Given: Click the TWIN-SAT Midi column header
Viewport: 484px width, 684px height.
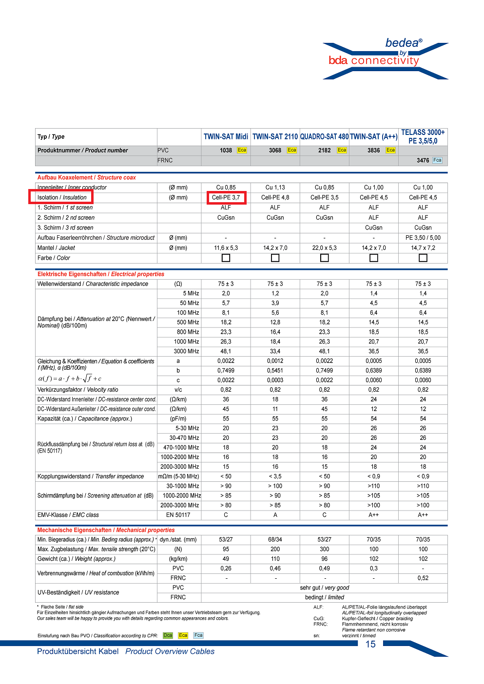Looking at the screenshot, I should tap(226, 137).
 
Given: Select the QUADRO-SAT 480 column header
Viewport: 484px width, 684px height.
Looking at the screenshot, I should tap(324, 137).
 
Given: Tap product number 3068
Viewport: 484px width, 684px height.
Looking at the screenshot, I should tap(275, 151).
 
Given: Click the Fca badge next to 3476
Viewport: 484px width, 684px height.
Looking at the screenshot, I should tap(437, 160).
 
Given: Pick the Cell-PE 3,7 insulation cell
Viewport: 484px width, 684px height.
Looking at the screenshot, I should tap(226, 197).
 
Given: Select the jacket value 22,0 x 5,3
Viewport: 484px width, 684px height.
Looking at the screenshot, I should tap(324, 248).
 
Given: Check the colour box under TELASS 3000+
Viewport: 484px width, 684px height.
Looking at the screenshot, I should tap(423, 258).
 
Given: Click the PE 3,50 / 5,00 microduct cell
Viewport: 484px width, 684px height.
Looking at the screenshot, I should tap(423, 238).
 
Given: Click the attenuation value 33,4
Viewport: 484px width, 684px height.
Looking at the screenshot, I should tap(275, 351).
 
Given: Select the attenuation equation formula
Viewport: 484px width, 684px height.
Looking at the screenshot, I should tap(70, 379).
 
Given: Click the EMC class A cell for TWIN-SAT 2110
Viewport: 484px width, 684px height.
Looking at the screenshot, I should tap(275, 515).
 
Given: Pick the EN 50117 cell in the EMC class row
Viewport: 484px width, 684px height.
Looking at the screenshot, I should tap(178, 515).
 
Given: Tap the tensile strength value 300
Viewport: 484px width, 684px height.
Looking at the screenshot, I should tap(324, 549).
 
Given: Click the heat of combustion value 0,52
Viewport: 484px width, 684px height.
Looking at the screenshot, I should tap(423, 578).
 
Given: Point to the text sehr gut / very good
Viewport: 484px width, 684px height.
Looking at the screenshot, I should tap(324, 588).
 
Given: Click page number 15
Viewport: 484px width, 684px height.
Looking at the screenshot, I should tap(370, 644).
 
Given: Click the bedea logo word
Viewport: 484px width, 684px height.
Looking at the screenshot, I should tap(402, 43).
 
